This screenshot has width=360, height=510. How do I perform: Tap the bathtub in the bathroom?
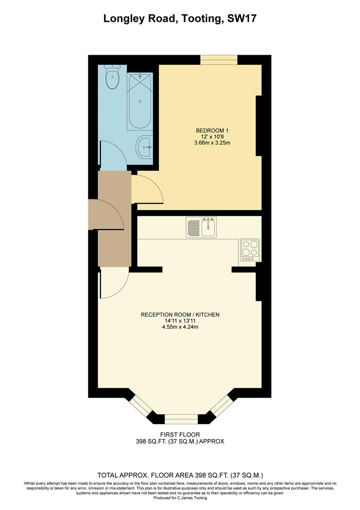point(140,102)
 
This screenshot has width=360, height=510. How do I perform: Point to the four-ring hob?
point(250,250)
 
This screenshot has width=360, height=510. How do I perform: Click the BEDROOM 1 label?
point(209,130)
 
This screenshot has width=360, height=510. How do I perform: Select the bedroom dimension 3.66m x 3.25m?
point(209,143)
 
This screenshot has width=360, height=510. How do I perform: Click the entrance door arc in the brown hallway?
point(111,215)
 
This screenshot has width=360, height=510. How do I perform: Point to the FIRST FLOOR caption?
point(180,434)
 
